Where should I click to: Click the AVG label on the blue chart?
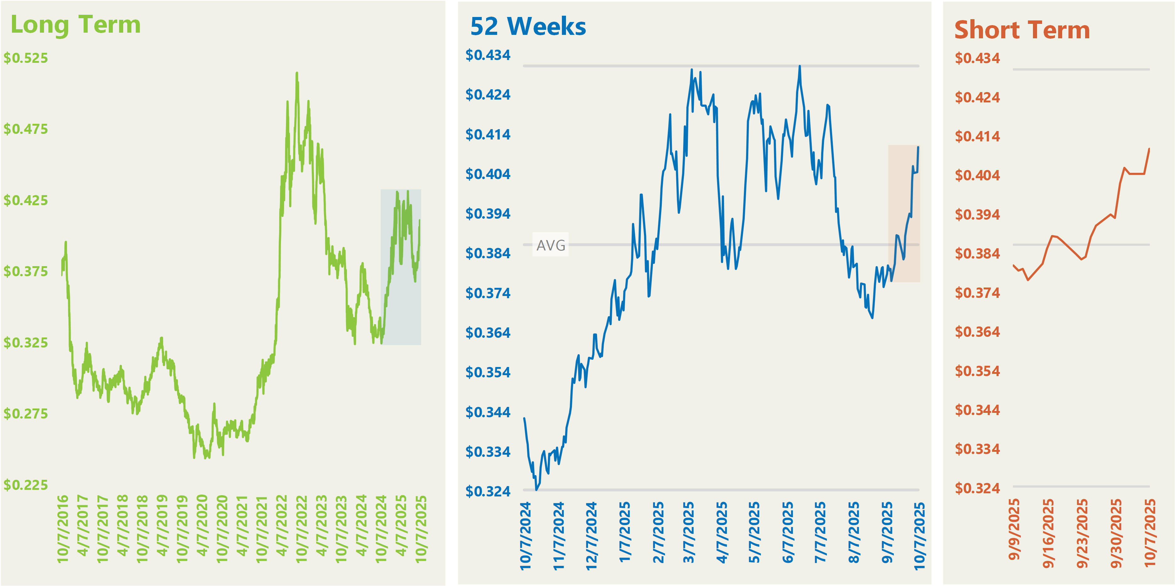click(x=551, y=245)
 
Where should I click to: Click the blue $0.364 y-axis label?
click(x=488, y=332)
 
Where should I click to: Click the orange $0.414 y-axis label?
click(x=977, y=136)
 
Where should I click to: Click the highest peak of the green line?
click(x=297, y=73)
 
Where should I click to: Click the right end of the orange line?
click(x=1149, y=149)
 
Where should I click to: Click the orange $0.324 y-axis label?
click(x=977, y=488)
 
